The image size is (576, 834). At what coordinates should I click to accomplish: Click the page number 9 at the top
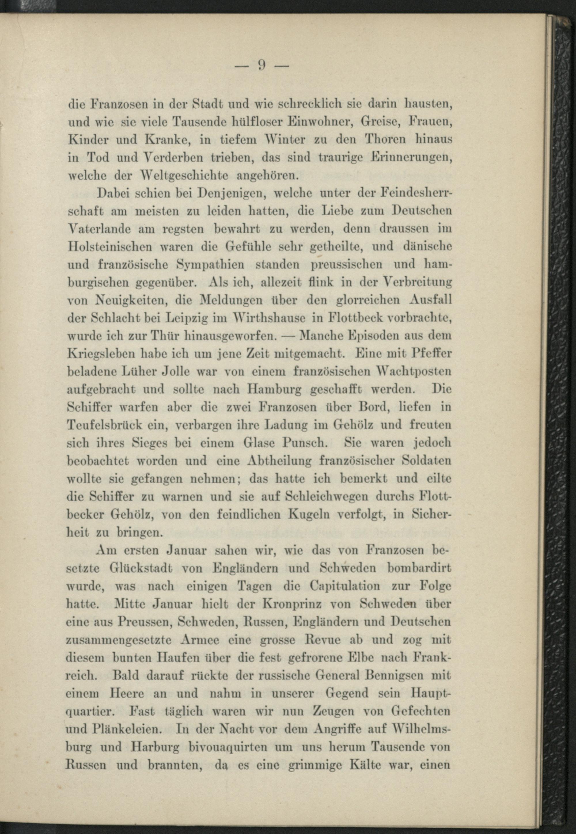262,65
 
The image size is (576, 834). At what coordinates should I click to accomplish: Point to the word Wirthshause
268,318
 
